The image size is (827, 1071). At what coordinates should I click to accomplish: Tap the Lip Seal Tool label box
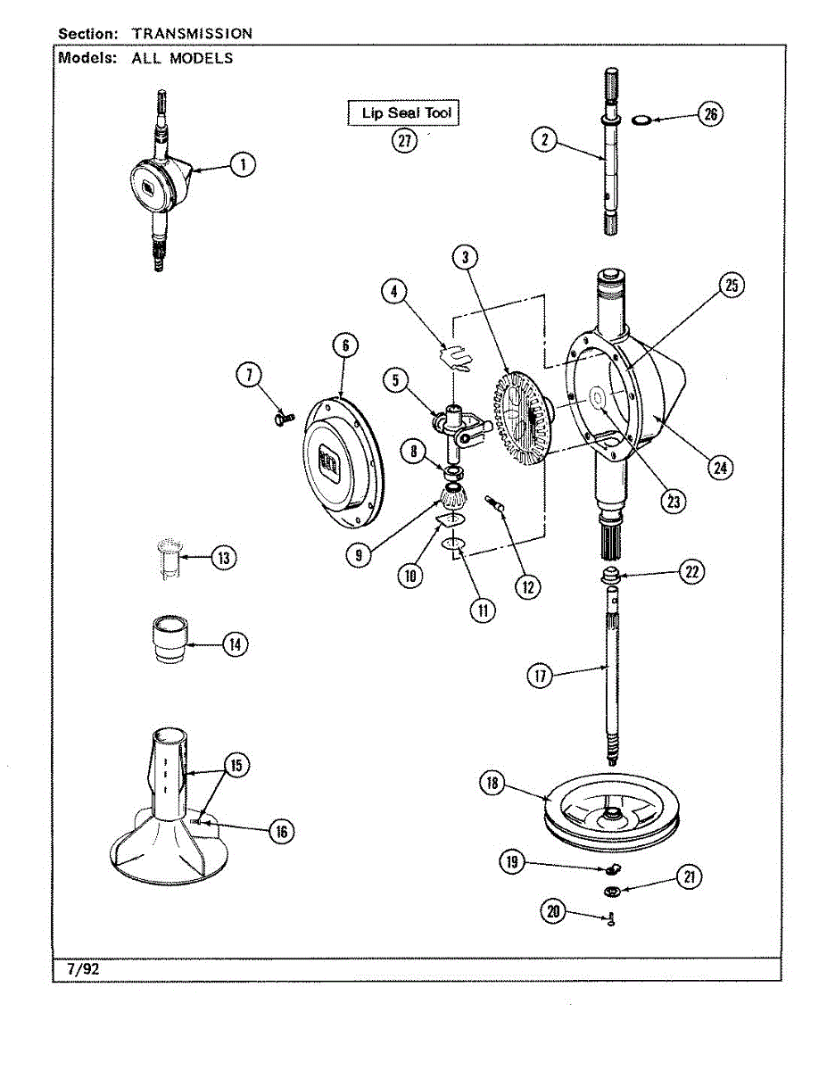click(403, 113)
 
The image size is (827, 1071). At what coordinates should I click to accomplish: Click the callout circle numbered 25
click(731, 286)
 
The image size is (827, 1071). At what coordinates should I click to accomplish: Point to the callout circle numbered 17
click(540, 676)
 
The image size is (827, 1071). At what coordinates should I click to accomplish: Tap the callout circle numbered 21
click(688, 878)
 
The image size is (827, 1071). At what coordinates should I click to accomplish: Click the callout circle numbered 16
click(282, 832)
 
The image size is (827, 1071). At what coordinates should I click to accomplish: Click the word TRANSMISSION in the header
click(192, 34)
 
